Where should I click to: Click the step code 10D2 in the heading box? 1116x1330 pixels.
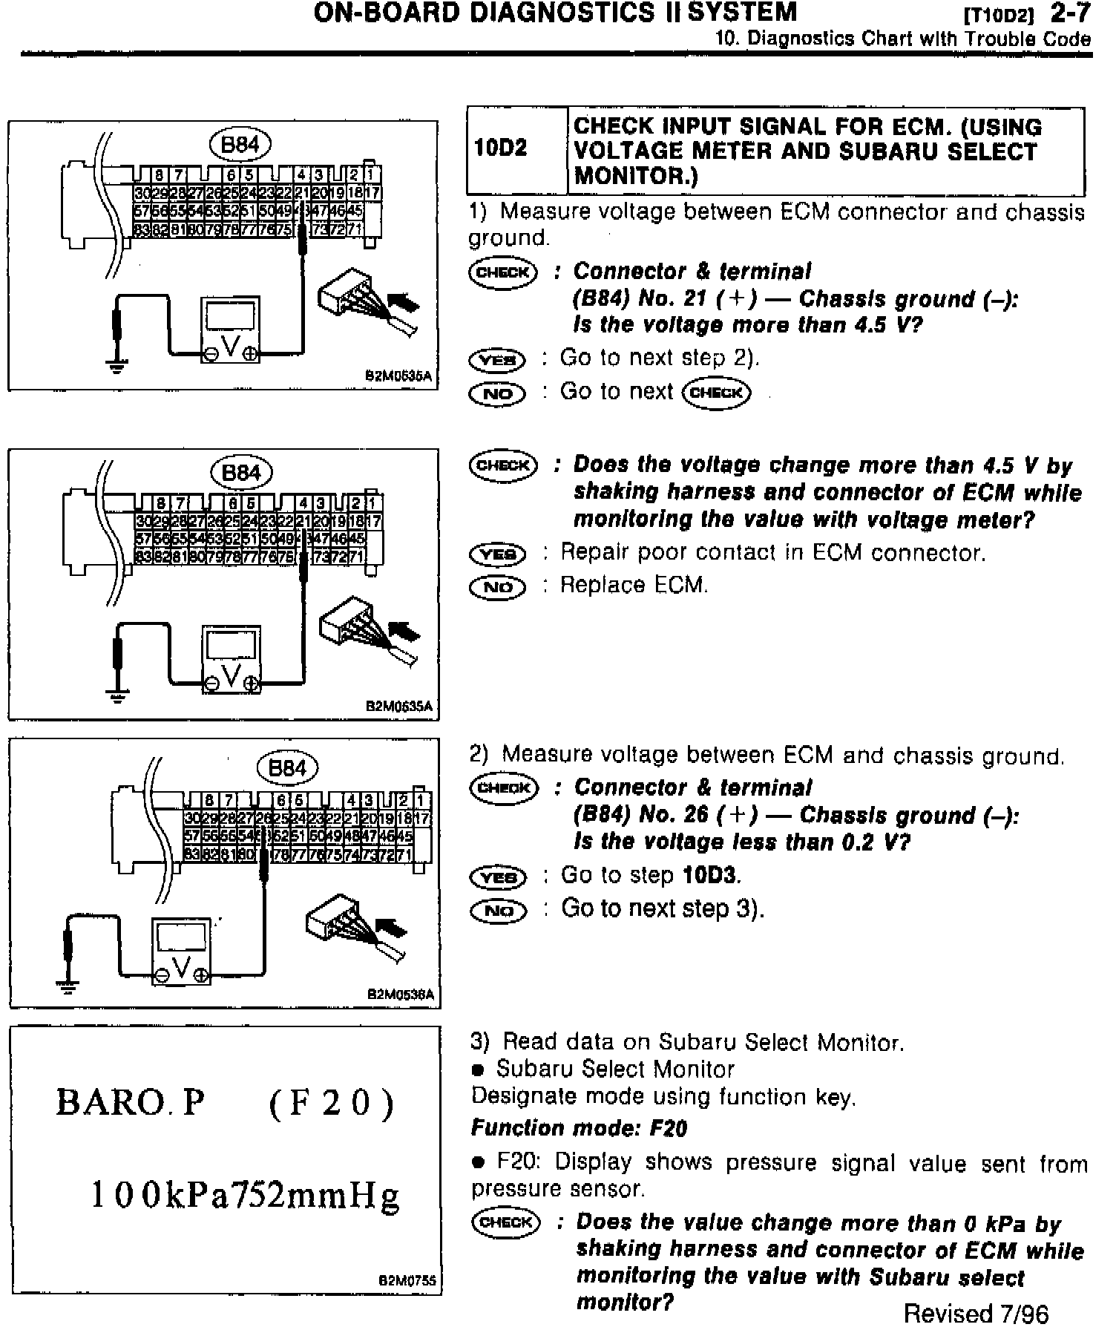click(500, 148)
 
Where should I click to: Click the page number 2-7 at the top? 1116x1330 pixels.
click(1070, 13)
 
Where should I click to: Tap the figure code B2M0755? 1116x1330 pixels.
click(407, 1280)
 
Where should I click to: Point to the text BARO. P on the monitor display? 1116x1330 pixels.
click(131, 1102)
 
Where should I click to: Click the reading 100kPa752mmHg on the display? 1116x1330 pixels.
click(244, 1195)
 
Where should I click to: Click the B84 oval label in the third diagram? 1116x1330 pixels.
click(287, 767)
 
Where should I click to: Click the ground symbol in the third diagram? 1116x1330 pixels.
click(68, 986)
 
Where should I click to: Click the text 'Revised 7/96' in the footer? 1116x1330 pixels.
click(976, 1314)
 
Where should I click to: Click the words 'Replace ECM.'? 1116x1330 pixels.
click(634, 586)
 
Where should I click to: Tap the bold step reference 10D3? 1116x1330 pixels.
click(711, 875)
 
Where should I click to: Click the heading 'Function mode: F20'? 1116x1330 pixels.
click(580, 1129)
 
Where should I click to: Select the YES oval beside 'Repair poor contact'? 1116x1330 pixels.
click(498, 554)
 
